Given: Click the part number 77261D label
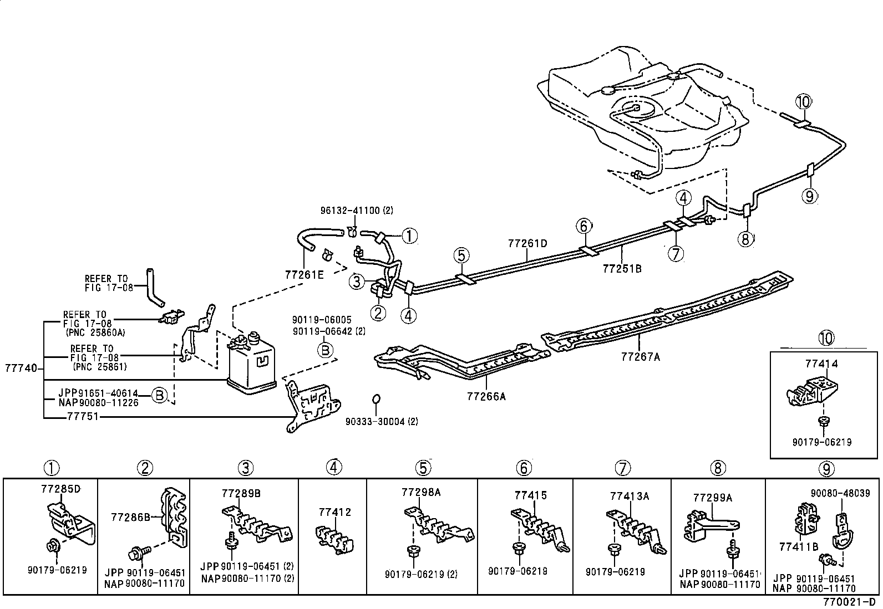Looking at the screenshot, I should [x=527, y=243].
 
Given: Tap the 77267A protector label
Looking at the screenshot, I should [x=641, y=357].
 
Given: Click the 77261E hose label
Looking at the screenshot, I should [x=304, y=274].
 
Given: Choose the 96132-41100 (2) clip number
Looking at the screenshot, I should [x=357, y=211].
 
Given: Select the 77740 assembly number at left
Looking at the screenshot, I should [x=21, y=368].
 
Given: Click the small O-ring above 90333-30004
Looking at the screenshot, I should [x=375, y=398].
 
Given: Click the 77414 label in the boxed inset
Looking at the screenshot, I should [x=821, y=364].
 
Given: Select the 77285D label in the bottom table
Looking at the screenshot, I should [x=60, y=489].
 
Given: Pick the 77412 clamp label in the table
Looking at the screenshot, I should [x=335, y=512].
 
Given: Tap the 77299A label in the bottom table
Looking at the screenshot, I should [x=712, y=498].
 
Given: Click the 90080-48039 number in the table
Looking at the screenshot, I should [x=840, y=493].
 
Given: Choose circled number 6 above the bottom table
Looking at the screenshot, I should [x=524, y=468].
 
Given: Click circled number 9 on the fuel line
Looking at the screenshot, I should [x=809, y=196].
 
